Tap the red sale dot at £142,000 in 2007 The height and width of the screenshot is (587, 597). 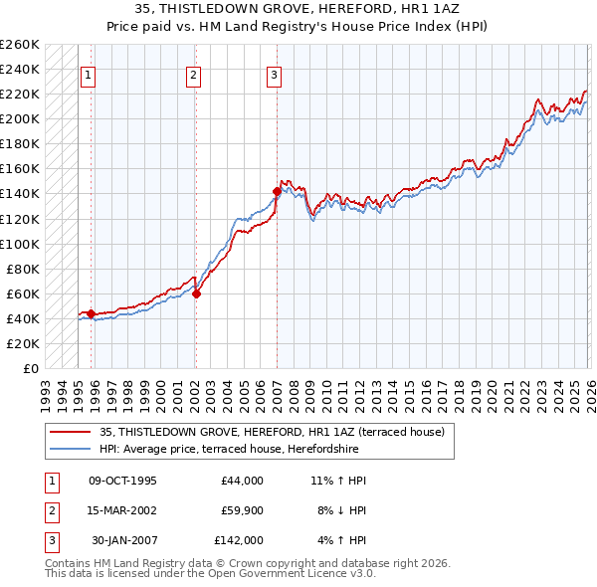(276, 191)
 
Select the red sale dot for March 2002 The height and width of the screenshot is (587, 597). (196, 293)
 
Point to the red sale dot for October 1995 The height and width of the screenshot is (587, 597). (91, 313)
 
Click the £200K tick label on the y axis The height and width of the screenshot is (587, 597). (20, 118)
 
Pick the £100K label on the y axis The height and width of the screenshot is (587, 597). (20, 244)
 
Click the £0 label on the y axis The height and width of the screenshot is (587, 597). (30, 368)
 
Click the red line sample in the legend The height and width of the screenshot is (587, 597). (71, 432)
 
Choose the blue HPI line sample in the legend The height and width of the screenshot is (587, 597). (71, 448)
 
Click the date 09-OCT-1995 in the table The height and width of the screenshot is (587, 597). (122, 481)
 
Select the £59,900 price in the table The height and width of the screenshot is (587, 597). (238, 510)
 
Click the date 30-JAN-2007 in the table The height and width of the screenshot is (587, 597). (122, 540)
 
